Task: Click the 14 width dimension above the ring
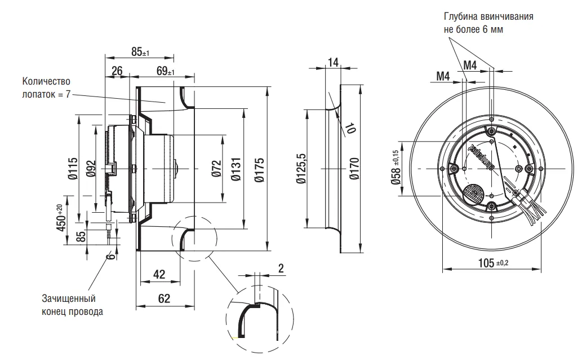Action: coord(333,62)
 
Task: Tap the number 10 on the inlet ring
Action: coord(351,128)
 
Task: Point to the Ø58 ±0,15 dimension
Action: coord(396,168)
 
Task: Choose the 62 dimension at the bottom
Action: coord(164,299)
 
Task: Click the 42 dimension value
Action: coord(159,275)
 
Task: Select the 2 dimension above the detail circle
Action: coord(281,269)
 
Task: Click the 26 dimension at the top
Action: coord(117,71)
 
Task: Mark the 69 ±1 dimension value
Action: coord(165,71)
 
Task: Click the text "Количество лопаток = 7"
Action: coord(46,87)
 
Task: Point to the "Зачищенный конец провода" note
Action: coord(72,305)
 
